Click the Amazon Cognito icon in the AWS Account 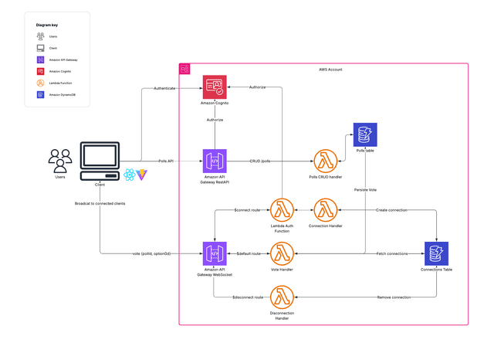click(x=214, y=87)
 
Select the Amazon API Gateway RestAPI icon click(x=214, y=161)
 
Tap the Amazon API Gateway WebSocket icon click(x=214, y=253)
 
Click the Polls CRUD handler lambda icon click(x=325, y=161)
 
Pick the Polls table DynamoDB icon click(x=365, y=134)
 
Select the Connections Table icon click(x=436, y=253)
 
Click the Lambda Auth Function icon click(x=281, y=210)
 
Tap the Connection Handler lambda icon click(x=325, y=210)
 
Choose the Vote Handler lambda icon click(x=281, y=253)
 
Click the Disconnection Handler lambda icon click(x=281, y=297)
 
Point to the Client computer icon click(x=100, y=161)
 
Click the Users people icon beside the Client click(x=60, y=161)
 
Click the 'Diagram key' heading click(x=46, y=25)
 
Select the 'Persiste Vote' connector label click(x=365, y=189)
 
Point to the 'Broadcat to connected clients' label click(x=100, y=203)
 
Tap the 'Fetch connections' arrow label click(x=391, y=253)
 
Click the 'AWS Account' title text click(x=330, y=70)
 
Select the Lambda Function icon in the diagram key click(x=40, y=83)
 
